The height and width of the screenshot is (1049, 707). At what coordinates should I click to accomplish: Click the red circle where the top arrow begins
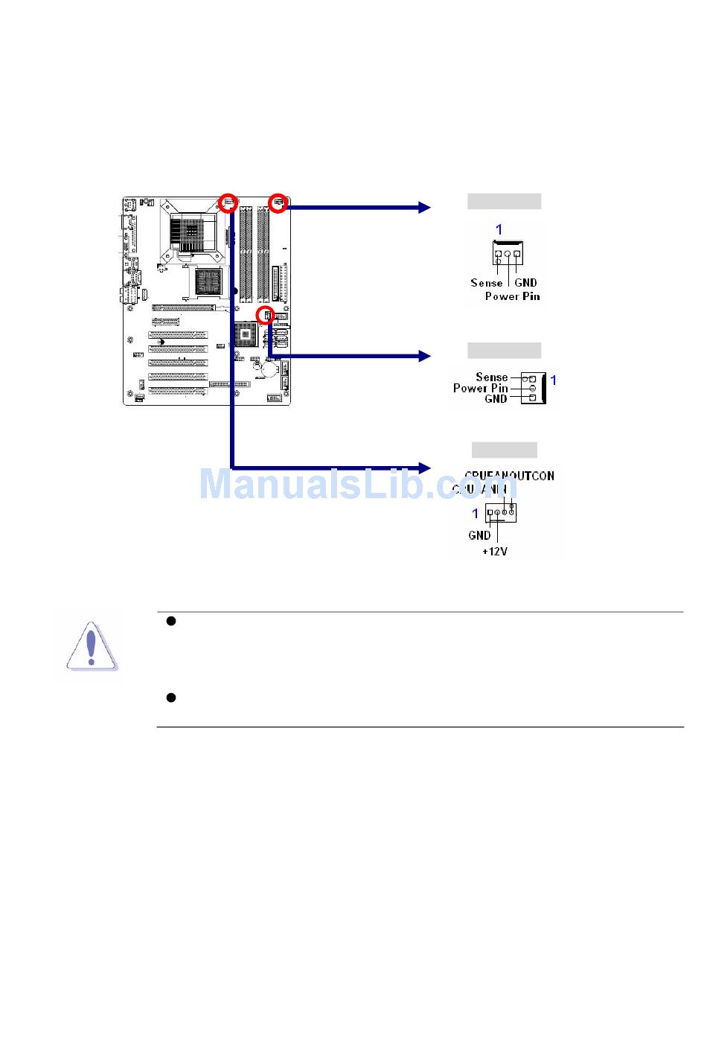(x=278, y=202)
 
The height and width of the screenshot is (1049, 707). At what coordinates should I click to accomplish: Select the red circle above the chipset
(x=265, y=315)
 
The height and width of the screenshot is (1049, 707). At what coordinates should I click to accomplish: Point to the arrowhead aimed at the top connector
(x=424, y=208)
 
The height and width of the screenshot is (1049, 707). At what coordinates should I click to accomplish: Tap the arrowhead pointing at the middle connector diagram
(x=424, y=357)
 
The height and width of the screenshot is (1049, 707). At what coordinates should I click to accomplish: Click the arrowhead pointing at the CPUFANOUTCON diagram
(x=424, y=468)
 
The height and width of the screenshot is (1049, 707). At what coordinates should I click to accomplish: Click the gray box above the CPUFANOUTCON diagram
(x=504, y=450)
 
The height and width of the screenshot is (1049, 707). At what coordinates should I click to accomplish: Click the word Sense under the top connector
(x=487, y=283)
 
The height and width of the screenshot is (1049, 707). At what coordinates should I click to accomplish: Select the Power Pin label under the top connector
(x=512, y=296)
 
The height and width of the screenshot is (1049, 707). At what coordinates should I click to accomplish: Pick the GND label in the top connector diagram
(x=525, y=283)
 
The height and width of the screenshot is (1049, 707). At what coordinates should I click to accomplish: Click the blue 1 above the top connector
(x=499, y=229)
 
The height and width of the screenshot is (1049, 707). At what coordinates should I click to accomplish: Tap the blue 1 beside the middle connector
(x=553, y=380)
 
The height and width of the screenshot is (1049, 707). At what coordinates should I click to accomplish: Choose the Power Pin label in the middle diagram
(x=480, y=388)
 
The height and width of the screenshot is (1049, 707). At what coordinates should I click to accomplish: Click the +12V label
(x=495, y=552)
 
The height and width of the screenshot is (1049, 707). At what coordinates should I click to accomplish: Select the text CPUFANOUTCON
(x=509, y=476)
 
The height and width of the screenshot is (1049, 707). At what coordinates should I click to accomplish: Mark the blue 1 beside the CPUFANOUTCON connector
(x=476, y=513)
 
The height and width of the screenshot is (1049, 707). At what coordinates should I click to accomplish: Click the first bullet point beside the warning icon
(x=170, y=621)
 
